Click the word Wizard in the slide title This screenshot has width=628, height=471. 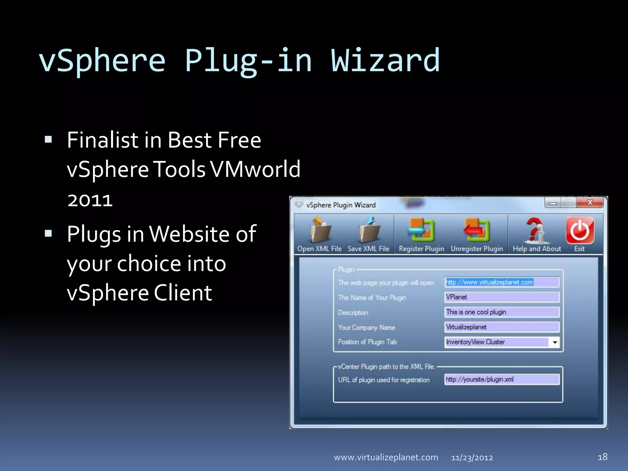pyautogui.click(x=385, y=60)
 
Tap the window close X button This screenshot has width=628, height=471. pyautogui.click(x=590, y=202)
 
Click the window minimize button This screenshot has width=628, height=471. pyautogui.click(x=553, y=203)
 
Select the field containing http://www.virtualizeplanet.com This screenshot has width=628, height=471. pyautogui.click(x=502, y=282)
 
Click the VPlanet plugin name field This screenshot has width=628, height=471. pyautogui.click(x=502, y=297)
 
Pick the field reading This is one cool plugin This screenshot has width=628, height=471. pyautogui.click(x=502, y=312)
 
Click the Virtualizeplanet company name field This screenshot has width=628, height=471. pyautogui.click(x=502, y=327)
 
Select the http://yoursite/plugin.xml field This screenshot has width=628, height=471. pyautogui.click(x=502, y=379)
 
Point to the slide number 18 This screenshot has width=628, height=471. pyautogui.click(x=603, y=457)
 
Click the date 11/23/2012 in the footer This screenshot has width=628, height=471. pyautogui.click(x=472, y=458)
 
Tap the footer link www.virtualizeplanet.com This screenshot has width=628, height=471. pyautogui.click(x=386, y=458)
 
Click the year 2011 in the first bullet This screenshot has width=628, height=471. pyautogui.click(x=90, y=200)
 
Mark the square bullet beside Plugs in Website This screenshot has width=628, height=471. pyautogui.click(x=48, y=234)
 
